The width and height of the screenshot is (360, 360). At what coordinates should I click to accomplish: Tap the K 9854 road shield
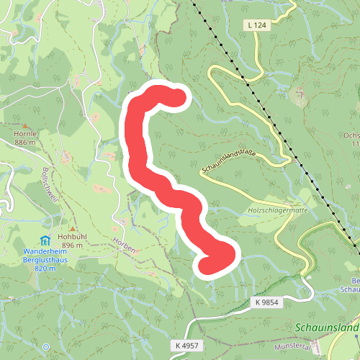(x=266, y=302)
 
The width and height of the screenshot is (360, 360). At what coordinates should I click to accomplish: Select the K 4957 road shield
(x=186, y=346)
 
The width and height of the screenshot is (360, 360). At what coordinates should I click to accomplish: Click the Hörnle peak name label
(x=24, y=134)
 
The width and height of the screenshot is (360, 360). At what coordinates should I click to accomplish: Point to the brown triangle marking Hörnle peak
(x=24, y=125)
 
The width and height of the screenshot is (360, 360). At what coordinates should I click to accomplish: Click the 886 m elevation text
(x=24, y=143)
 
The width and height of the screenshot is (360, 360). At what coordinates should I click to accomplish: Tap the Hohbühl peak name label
(x=73, y=236)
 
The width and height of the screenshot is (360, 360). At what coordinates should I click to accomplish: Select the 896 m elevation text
(x=73, y=245)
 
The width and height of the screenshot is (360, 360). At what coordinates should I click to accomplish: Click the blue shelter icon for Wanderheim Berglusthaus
(x=45, y=240)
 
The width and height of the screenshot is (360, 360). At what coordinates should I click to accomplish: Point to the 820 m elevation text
(x=45, y=268)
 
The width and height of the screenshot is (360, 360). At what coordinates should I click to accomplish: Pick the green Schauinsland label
(x=327, y=328)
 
